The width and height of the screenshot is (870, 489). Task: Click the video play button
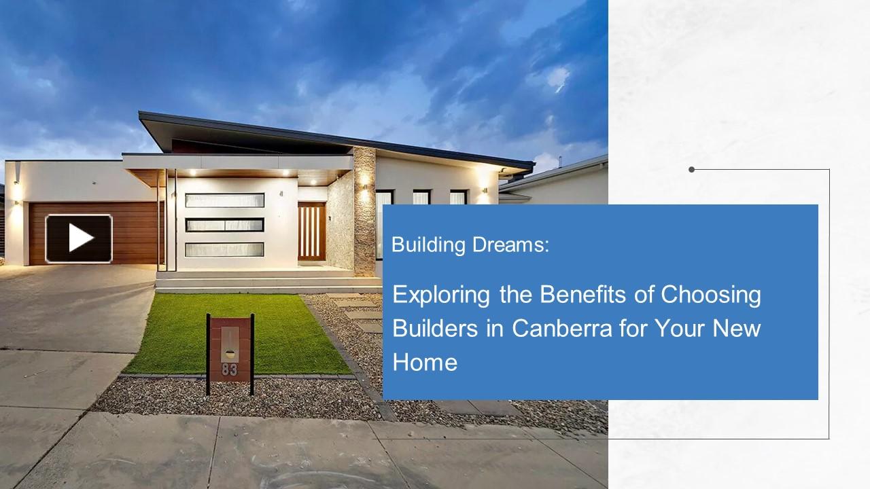[79, 238]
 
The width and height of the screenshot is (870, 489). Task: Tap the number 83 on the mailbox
[230, 370]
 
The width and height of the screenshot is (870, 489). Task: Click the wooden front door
[311, 232]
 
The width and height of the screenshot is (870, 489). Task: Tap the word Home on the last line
[425, 362]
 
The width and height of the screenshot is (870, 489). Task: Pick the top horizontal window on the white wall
[224, 200]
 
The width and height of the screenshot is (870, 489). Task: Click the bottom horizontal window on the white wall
[224, 249]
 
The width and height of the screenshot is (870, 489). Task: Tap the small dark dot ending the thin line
[691, 170]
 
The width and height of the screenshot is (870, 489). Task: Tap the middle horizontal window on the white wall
[224, 225]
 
